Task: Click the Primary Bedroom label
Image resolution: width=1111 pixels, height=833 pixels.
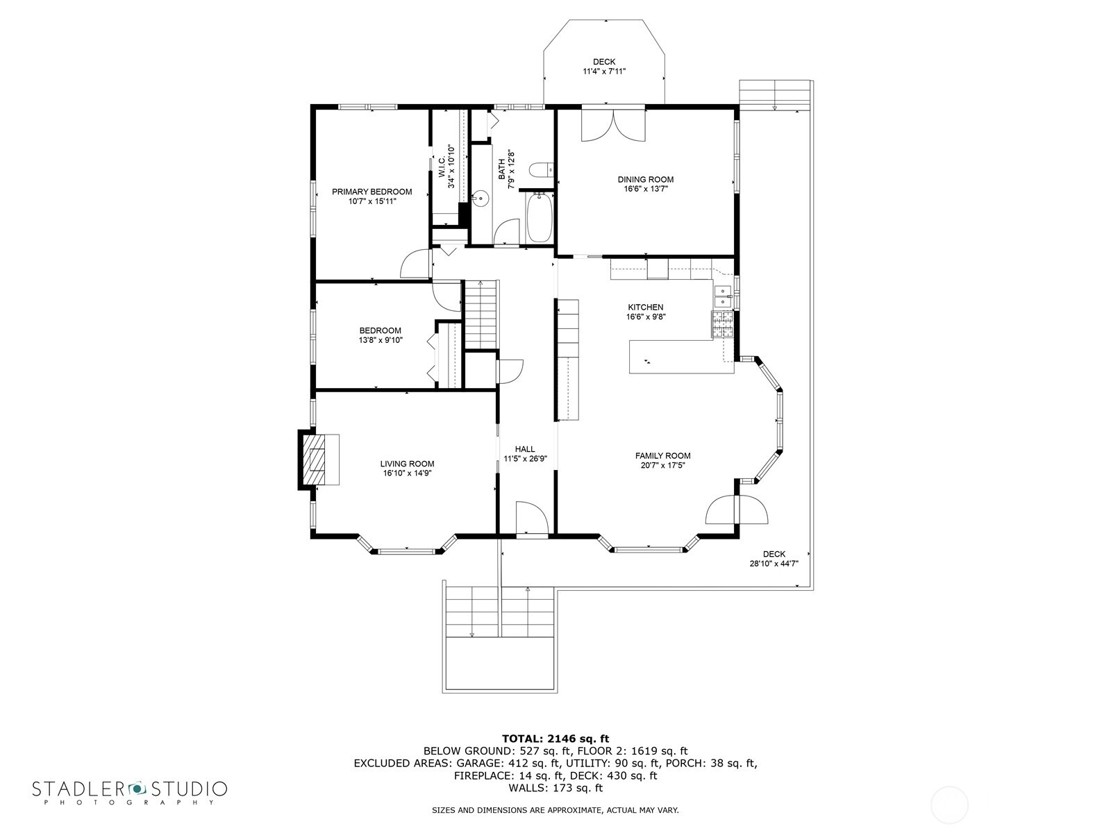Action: (x=371, y=192)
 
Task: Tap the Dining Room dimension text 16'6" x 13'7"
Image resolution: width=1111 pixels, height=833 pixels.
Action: (x=645, y=189)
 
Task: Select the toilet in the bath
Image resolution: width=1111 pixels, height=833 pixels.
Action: (x=540, y=169)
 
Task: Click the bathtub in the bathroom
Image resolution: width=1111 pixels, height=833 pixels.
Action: (x=538, y=218)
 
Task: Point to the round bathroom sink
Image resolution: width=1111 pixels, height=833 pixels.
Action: (x=481, y=198)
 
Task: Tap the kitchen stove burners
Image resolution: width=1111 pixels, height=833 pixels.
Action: (x=722, y=324)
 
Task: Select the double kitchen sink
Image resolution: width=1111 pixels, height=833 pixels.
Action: (x=722, y=296)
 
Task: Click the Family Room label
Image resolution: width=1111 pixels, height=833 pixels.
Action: (x=662, y=455)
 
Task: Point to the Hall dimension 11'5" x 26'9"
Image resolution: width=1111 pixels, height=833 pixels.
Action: (x=526, y=459)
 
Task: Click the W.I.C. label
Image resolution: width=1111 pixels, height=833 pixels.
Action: (x=442, y=167)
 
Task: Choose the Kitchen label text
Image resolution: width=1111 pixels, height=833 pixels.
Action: (x=645, y=307)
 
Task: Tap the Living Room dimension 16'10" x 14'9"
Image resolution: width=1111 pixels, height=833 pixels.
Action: (x=407, y=473)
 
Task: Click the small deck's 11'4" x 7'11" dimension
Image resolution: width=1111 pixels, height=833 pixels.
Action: (x=604, y=71)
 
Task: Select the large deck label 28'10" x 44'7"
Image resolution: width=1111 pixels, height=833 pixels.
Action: (x=774, y=564)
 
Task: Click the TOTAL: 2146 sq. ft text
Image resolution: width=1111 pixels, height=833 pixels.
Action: (x=555, y=739)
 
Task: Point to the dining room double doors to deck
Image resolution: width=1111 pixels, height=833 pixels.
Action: (x=613, y=125)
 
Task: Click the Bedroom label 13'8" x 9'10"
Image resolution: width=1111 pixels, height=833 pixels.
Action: (x=381, y=335)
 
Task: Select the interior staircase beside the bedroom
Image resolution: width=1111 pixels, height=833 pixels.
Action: (x=482, y=314)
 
